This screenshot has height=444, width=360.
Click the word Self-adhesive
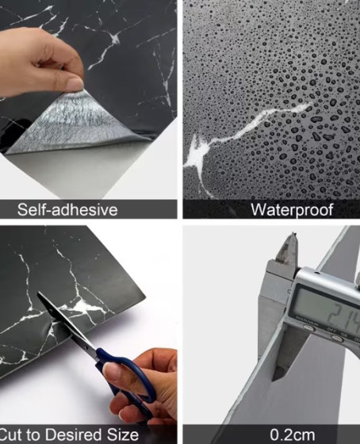click(67, 210)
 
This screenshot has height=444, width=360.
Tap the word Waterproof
click(292, 210)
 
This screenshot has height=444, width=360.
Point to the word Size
click(123, 434)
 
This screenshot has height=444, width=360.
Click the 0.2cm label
click(293, 434)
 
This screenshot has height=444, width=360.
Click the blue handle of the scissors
click(128, 373)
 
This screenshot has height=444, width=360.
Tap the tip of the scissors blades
click(38, 293)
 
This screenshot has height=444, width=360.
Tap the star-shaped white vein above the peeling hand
click(115, 39)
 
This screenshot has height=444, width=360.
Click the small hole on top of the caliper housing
click(317, 273)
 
